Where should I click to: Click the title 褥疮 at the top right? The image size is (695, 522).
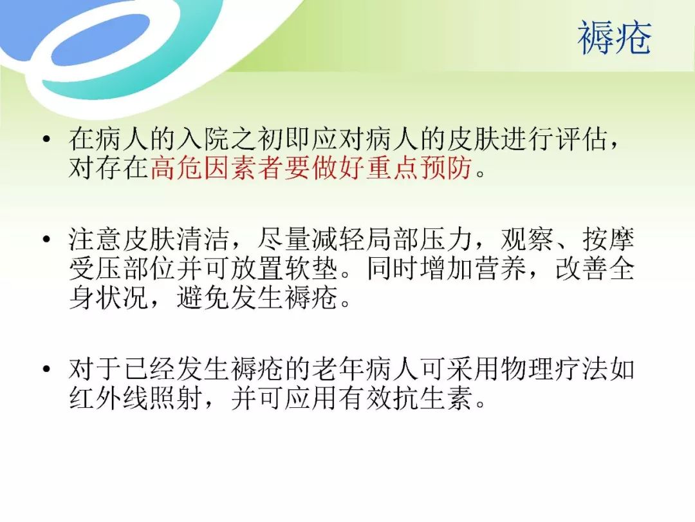click(x=615, y=38)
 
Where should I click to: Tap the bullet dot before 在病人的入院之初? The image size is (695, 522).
click(x=46, y=139)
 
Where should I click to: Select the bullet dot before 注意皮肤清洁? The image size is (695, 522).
click(x=46, y=240)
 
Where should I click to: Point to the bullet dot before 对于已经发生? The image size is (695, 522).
click(x=46, y=369)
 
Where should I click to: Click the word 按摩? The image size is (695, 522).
click(x=608, y=240)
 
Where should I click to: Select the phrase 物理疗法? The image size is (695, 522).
click(x=554, y=369)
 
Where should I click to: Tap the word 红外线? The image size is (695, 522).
click(x=108, y=398)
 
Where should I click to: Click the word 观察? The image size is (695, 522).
click(x=527, y=240)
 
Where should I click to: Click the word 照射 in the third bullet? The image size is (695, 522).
click(x=176, y=398)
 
